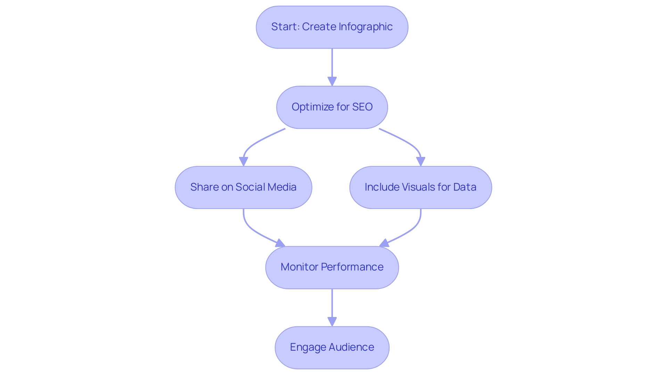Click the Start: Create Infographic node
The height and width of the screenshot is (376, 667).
coord(332,27)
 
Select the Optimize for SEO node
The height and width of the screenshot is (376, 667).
coord(332,107)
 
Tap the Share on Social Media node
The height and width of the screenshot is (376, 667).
coord(243,187)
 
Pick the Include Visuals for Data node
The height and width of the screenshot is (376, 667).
coord(420,187)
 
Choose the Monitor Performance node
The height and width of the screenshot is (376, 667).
coord(332,267)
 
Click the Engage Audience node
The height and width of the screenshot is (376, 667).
coord(332,348)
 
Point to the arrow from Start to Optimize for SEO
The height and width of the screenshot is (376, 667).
coord(332,66)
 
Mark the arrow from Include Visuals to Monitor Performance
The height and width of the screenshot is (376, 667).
coord(410,231)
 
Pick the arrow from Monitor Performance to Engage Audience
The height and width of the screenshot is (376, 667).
coord(332,306)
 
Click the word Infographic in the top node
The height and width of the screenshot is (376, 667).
coord(365,27)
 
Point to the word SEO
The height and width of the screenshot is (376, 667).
coord(362,107)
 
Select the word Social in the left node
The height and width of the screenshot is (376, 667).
coord(251,187)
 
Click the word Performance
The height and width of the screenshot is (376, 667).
coord(352,267)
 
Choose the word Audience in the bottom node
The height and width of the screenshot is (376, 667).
coord(351,347)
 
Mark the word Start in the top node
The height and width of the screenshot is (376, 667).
coord(284,27)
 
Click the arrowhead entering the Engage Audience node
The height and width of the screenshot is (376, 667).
coord(332,321)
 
